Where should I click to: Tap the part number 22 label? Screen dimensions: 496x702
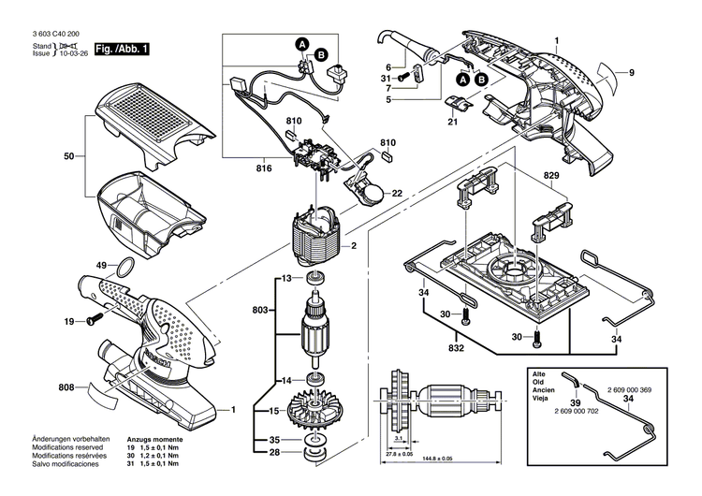[x=397, y=194]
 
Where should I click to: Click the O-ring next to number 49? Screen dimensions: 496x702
[x=122, y=270]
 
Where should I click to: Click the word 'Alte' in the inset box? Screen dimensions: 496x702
[x=539, y=373]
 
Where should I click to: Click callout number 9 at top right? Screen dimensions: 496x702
[x=632, y=73]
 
